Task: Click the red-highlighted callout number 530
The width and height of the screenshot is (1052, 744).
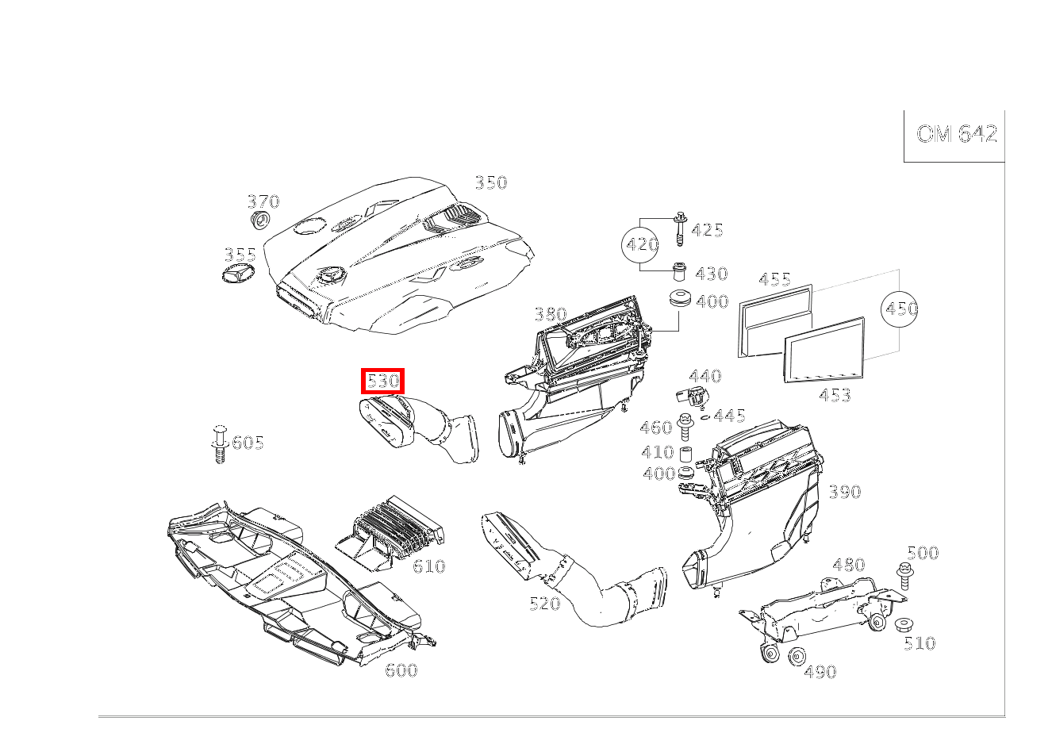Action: click(x=382, y=381)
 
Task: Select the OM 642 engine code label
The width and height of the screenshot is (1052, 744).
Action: click(x=957, y=134)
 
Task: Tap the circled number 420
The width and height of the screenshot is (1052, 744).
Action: click(x=642, y=244)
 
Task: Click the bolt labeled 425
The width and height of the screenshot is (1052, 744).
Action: click(x=680, y=229)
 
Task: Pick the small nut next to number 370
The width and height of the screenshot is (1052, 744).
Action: click(x=259, y=220)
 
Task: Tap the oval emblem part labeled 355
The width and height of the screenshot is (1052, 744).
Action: click(x=238, y=273)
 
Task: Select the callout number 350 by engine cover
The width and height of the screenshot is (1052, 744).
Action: click(x=491, y=182)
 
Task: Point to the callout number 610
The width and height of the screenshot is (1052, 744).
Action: click(x=428, y=566)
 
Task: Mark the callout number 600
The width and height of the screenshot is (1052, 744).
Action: click(x=401, y=670)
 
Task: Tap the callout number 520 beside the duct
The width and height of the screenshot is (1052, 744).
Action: click(x=545, y=604)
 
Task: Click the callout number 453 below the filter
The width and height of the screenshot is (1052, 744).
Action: click(x=835, y=395)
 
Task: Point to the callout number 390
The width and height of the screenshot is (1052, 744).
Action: click(x=845, y=492)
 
